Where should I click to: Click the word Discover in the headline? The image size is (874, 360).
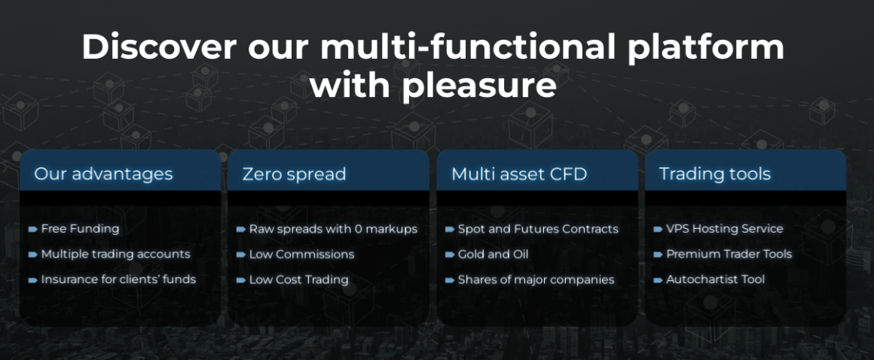160,47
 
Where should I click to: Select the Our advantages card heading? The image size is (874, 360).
103,174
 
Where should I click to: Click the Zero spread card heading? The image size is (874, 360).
294,174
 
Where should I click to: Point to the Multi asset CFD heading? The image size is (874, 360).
519,174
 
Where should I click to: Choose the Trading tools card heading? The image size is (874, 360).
714,174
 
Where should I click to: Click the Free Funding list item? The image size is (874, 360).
80,228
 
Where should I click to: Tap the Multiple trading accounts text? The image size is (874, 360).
115,254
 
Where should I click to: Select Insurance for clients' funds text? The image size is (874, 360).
118,279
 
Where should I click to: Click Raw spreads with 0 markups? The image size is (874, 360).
333,229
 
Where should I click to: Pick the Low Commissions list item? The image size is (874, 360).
301,254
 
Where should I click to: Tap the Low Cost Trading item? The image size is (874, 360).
299,279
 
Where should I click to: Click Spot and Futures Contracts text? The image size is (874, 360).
538,229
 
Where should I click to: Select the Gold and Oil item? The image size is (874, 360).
493,254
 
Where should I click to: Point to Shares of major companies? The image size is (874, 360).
536,279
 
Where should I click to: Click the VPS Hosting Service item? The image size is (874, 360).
725,228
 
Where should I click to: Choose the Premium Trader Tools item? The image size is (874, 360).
729,254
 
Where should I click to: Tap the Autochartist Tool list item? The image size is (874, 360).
716,279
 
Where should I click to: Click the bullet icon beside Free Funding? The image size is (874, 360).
33,229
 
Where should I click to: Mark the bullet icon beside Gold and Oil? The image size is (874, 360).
450,255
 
